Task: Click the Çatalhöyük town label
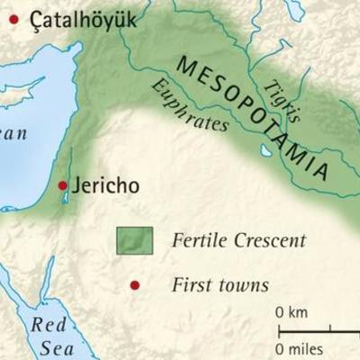83,18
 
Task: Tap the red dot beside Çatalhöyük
13,17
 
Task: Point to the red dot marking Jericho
62,186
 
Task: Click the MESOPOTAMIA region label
261,118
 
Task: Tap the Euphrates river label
189,105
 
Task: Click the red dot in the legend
135,285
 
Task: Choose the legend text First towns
220,285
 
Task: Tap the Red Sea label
49,334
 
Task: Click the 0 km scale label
292,312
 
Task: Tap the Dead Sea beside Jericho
65,196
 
